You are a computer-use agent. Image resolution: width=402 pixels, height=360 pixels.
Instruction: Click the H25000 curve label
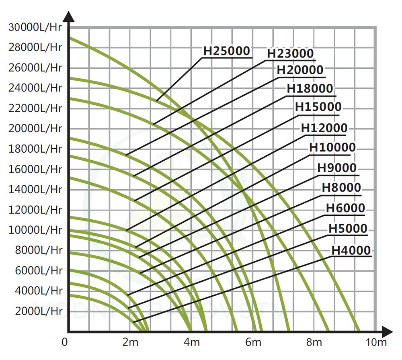[x=227, y=51]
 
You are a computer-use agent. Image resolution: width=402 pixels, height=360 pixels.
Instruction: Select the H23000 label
[x=290, y=53]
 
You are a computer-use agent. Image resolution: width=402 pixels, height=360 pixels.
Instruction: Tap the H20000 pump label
[x=300, y=70]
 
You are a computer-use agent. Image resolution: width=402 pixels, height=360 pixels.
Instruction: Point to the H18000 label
[x=310, y=89]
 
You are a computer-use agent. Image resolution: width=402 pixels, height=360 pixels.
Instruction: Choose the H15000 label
[x=318, y=107]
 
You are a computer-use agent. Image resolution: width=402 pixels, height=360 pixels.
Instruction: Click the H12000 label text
[x=324, y=128]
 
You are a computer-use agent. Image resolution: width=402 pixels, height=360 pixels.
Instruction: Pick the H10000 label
[x=332, y=147]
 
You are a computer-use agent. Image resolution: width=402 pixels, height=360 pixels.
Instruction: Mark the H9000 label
[x=337, y=168]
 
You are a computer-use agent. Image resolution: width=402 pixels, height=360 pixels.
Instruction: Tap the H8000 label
[x=341, y=188]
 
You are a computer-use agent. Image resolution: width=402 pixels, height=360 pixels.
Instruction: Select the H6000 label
[x=345, y=208]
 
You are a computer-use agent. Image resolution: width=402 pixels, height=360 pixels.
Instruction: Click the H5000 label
[x=348, y=229]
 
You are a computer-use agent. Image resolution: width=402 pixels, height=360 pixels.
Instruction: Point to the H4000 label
[x=351, y=250]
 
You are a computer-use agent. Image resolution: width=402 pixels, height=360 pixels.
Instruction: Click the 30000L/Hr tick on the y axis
[x=35, y=27]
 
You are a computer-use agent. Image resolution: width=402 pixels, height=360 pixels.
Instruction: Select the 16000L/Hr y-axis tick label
[x=35, y=169]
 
